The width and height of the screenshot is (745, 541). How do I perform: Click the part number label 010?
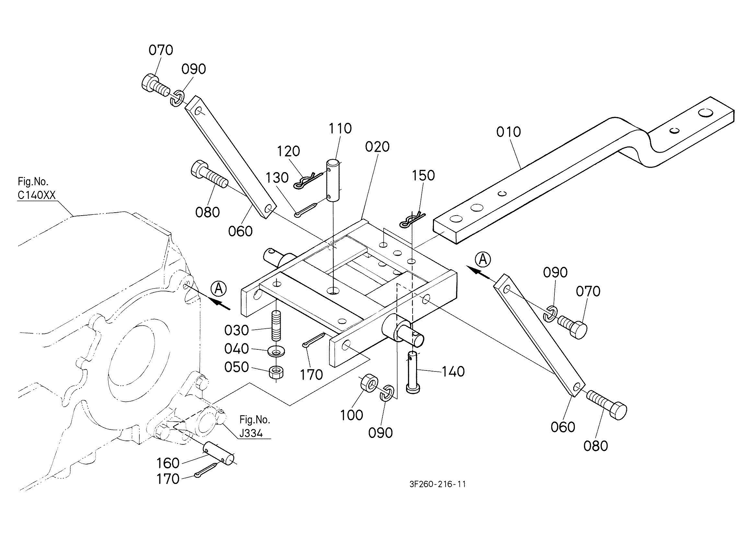(x=508, y=132)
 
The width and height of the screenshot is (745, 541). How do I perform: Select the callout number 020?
(x=378, y=147)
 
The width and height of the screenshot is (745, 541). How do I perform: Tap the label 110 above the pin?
(x=340, y=128)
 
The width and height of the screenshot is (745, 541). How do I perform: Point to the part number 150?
(x=424, y=175)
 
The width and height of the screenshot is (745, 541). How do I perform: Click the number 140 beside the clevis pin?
(x=453, y=372)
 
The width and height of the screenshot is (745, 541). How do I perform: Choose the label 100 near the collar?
(x=352, y=415)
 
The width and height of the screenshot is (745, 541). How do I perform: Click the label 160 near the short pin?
(x=168, y=463)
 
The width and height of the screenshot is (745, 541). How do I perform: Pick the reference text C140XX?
(x=37, y=195)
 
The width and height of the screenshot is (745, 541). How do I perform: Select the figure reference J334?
(x=251, y=433)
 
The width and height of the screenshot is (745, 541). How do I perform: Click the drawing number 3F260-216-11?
(x=437, y=484)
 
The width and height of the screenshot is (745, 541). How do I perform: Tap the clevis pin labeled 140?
(x=413, y=372)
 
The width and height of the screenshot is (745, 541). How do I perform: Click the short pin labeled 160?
(x=219, y=454)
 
